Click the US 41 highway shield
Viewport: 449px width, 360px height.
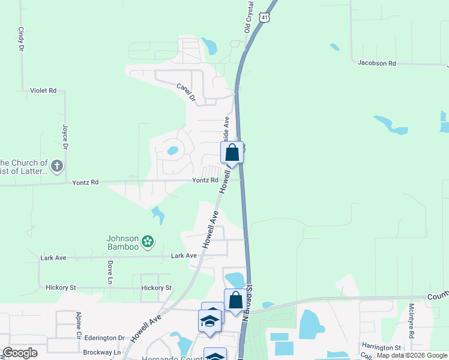pyautogui.click(x=265, y=18)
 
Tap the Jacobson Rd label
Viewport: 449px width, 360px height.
pyautogui.click(x=377, y=62)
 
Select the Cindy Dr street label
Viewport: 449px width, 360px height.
pyautogui.click(x=21, y=38)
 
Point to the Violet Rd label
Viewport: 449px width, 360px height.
pyautogui.click(x=43, y=91)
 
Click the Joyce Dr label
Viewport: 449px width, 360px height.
pyautogui.click(x=64, y=137)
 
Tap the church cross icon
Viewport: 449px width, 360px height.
pyautogui.click(x=57, y=166)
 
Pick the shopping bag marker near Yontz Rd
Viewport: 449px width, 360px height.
pyautogui.click(x=232, y=153)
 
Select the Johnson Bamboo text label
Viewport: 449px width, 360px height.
pyautogui.click(x=122, y=242)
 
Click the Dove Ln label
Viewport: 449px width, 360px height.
pyautogui.click(x=110, y=272)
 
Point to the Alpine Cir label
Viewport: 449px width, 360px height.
pyautogui.click(x=79, y=325)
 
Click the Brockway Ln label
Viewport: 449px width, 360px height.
pyautogui.click(x=103, y=352)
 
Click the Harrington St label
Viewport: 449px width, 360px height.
pyautogui.click(x=381, y=347)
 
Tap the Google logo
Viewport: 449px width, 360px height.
pyautogui.click(x=20, y=353)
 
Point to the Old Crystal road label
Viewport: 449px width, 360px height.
pyautogui.click(x=249, y=17)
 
